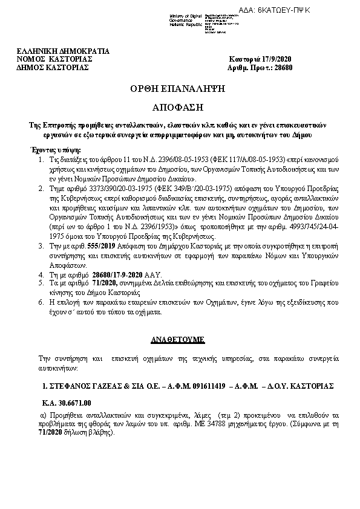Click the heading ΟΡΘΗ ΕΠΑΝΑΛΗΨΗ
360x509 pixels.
point(180,88)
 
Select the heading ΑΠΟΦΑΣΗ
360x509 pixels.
point(180,105)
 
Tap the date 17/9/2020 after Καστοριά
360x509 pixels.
point(276,59)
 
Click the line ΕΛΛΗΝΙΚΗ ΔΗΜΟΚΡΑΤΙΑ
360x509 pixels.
point(64,51)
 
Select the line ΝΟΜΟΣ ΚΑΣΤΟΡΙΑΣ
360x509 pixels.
point(54,59)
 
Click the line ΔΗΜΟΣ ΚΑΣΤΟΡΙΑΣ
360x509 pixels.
point(53,67)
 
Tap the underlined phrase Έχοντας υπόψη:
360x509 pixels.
point(54,148)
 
